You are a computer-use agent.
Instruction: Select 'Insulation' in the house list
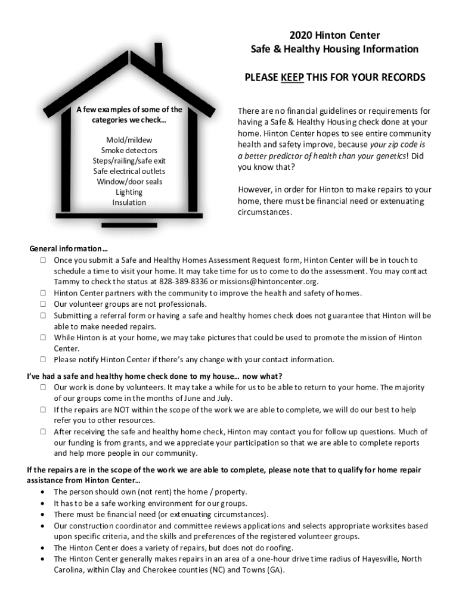click(x=129, y=203)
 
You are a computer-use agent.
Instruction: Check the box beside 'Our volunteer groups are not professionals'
click(x=44, y=304)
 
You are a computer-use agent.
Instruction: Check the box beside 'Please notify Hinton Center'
click(x=44, y=360)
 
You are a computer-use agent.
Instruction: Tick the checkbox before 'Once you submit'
click(x=44, y=260)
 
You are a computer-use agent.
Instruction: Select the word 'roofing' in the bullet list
click(x=277, y=548)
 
